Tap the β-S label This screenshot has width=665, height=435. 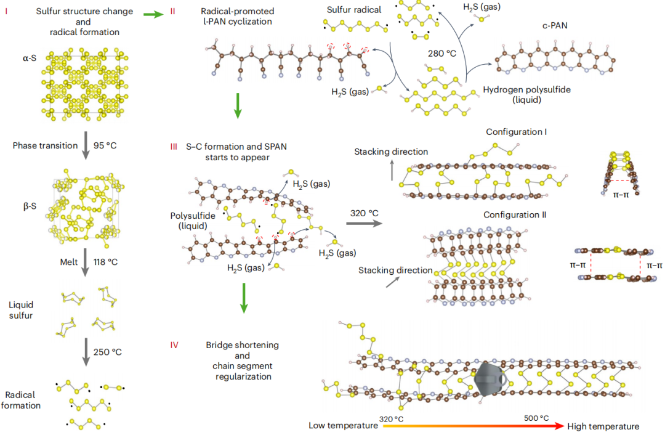coord(29,206)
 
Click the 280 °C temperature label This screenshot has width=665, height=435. coord(441,54)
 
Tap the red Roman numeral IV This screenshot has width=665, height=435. coord(174,345)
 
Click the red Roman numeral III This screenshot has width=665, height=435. coord(174,147)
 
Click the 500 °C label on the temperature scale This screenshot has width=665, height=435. coord(536,418)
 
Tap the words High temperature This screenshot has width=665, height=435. coord(603,426)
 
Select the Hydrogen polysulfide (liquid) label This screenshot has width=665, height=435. coord(526,94)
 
